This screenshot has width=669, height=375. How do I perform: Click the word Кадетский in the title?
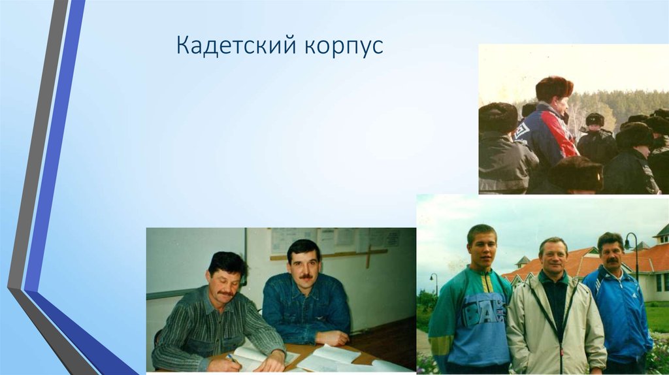(236, 47)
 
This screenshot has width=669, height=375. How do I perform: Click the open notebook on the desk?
(327, 357)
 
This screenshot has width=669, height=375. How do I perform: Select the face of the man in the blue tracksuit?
(611, 253)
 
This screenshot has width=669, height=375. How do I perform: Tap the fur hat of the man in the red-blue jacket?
(553, 88)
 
